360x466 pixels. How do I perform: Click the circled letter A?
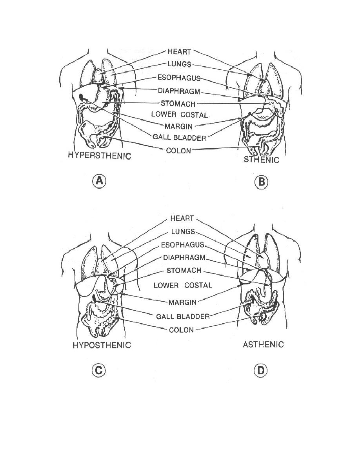tap(99, 181)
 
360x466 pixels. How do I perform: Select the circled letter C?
tap(98, 370)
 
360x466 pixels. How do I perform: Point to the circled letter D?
tap(261, 371)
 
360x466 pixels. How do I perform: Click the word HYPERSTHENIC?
tap(100, 156)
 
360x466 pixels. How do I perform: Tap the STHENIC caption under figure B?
tap(262, 160)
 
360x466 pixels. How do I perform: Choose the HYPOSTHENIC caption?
tap(102, 345)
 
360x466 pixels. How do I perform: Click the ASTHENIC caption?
tap(263, 344)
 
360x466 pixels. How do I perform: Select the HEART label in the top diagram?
tap(179, 51)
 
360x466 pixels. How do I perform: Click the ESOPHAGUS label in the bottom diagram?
tap(183, 245)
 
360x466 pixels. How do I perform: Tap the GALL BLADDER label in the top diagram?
tap(179, 138)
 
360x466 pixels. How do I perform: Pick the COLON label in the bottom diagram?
tap(181, 330)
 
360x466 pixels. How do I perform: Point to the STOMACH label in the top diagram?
tap(178, 104)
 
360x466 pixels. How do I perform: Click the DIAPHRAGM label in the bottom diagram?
tap(184, 258)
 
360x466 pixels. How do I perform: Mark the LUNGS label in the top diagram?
tap(179, 64)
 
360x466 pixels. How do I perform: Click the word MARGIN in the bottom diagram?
tap(182, 302)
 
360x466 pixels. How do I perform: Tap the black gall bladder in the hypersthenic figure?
tap(82, 97)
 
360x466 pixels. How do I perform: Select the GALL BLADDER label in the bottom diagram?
tap(183, 317)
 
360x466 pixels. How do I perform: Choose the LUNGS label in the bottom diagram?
tap(183, 231)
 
